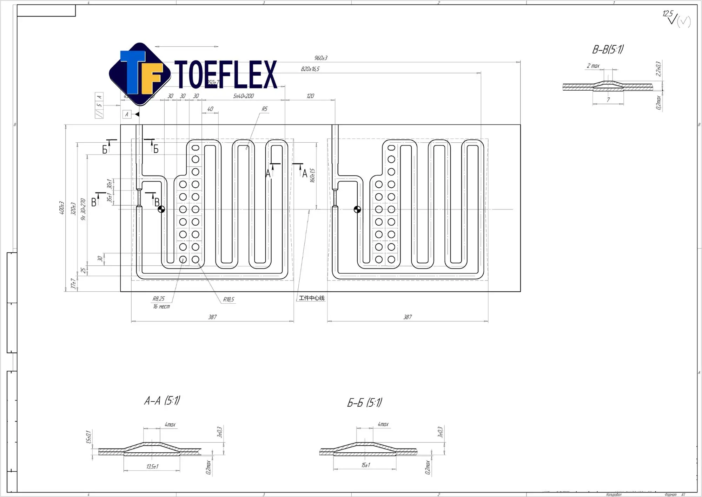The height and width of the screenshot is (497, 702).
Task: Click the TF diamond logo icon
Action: point(140,74)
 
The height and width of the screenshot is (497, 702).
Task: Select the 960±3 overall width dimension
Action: point(320,58)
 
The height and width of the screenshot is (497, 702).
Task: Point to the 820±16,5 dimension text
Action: point(310,69)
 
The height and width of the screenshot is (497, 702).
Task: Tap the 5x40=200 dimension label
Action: point(243,96)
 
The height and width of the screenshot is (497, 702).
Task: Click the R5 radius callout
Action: point(264,109)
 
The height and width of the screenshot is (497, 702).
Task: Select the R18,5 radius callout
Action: point(229,299)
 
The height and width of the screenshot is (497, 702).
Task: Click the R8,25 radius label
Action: point(158,299)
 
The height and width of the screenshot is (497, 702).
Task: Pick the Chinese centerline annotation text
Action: point(311,298)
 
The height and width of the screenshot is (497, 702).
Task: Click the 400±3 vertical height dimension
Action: point(61,208)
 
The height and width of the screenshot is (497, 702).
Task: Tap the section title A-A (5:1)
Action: point(162,401)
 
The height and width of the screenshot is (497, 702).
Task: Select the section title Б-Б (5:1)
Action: point(364,402)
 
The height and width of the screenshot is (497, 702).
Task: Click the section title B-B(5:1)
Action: point(608,50)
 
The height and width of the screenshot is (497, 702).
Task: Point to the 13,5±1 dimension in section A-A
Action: point(152,466)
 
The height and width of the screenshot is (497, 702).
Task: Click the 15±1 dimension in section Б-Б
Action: point(365,465)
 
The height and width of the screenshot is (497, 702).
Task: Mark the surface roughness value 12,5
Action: point(667,14)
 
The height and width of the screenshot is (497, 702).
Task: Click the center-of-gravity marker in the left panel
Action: point(161,209)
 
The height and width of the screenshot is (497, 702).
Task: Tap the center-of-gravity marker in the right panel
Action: point(357,209)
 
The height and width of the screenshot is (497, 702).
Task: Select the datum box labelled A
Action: point(127,114)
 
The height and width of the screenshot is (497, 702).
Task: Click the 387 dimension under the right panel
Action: point(407,317)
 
